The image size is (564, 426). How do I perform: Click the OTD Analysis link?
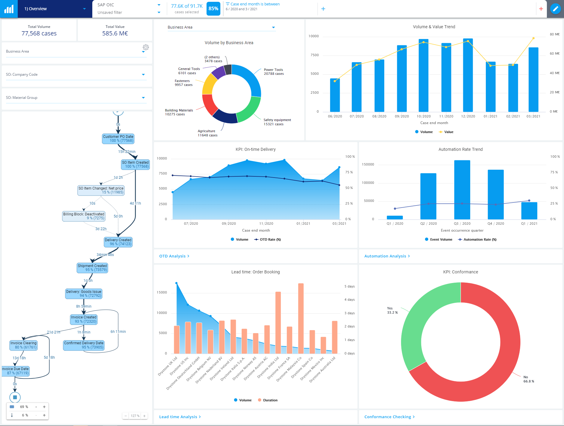(174, 256)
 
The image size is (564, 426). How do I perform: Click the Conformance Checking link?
(389, 417)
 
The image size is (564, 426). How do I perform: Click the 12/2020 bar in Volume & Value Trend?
(468, 75)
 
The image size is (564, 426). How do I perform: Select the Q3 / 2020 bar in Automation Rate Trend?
(462, 189)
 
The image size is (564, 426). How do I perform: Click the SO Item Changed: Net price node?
(101, 190)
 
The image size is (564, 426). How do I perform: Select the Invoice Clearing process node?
(23, 345)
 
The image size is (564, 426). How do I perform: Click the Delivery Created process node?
(118, 242)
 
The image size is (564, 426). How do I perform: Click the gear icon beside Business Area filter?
(146, 47)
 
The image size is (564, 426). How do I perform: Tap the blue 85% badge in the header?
(213, 9)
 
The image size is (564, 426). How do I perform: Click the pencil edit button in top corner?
(555, 9)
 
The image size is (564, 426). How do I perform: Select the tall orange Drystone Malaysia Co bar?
(301, 318)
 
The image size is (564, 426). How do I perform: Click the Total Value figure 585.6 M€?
(115, 33)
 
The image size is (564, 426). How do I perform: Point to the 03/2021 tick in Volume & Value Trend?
(533, 116)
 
